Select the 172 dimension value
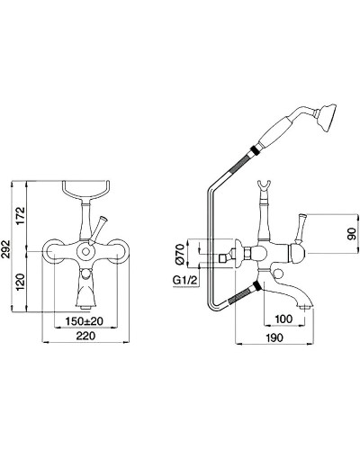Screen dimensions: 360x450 21,216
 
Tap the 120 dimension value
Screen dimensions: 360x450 21,282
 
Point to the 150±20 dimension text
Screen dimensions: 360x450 85,321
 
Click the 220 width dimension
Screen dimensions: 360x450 85,336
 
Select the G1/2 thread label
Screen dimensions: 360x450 185,281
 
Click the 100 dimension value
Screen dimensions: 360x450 283,319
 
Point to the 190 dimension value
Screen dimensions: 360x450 274,337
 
